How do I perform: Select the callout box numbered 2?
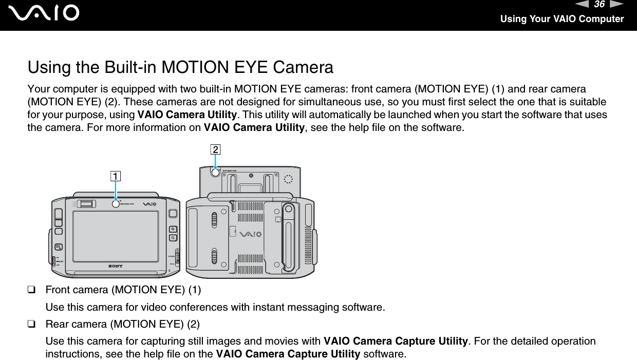215,149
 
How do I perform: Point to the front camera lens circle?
116,204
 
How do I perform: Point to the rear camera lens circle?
215,173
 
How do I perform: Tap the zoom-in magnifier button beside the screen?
173,229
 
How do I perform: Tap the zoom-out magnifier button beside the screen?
173,238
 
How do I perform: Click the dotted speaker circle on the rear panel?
288,179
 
